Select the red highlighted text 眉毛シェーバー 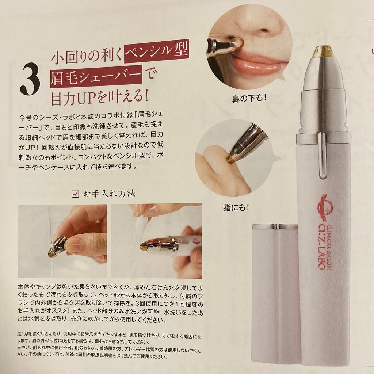click(x=96, y=77)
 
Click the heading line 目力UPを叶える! click(x=100, y=98)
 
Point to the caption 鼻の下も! click(x=250, y=99)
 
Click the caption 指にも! click(x=236, y=208)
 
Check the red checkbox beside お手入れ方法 click(x=76, y=194)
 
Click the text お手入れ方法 click(x=109, y=194)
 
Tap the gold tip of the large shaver click(x=323, y=50)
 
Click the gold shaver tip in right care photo click(x=142, y=247)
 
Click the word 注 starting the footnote click(x=19, y=334)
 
